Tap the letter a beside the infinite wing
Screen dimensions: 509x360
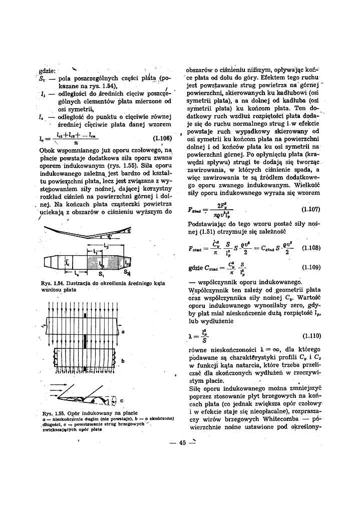[123, 331]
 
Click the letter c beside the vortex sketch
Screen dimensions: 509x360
[122, 401]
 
